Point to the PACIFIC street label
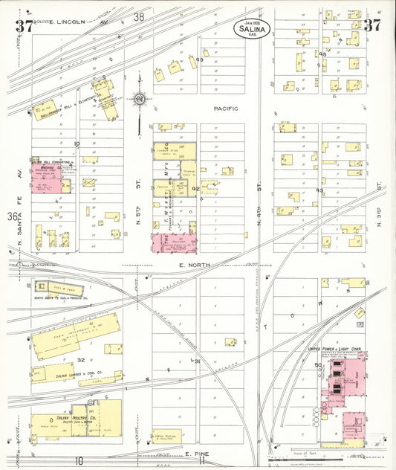click(225, 109)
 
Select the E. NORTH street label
click(190, 264)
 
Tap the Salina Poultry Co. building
click(77, 419)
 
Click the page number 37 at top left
click(23, 27)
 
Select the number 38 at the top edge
click(139, 16)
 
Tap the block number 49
click(200, 59)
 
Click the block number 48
click(322, 54)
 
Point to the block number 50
click(318, 365)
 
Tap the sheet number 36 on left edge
click(13, 216)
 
